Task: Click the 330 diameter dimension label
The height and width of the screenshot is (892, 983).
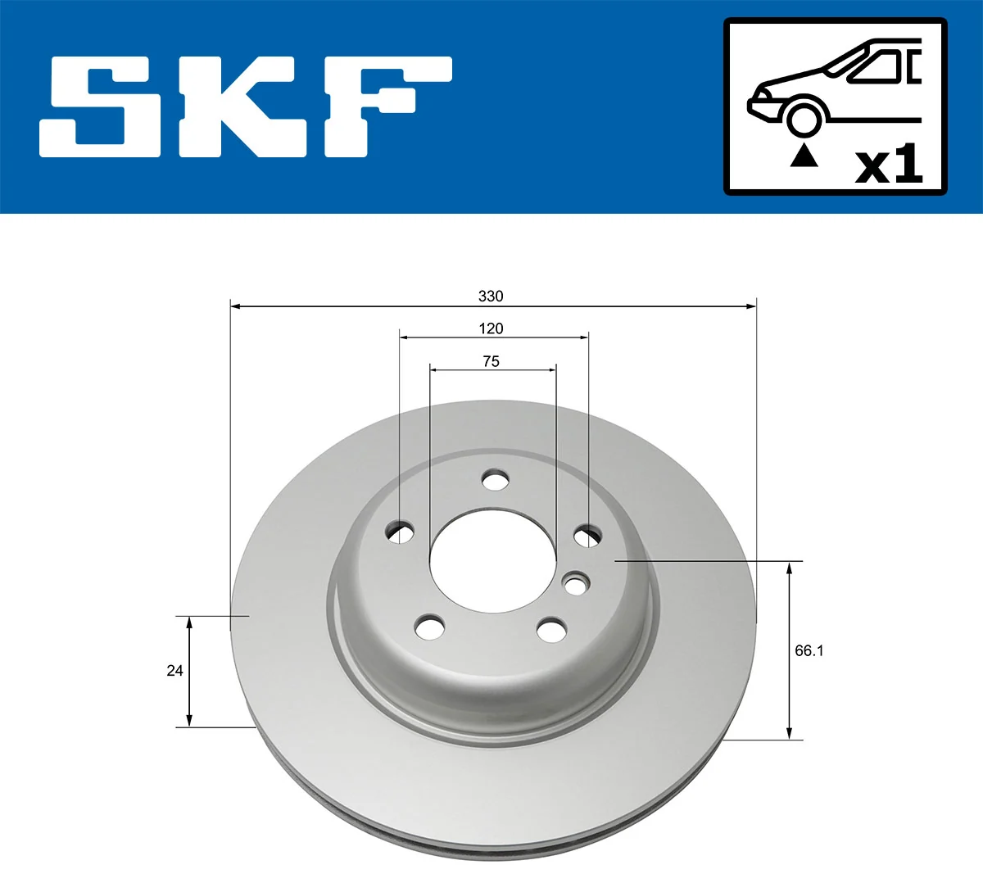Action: coord(491,296)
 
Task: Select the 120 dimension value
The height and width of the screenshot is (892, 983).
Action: coord(491,328)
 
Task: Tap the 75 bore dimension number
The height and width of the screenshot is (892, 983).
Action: coord(491,361)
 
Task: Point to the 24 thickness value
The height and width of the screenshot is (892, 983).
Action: coord(174,671)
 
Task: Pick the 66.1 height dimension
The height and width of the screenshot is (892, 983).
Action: coord(809,650)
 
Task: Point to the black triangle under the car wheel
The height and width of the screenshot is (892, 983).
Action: coord(804,156)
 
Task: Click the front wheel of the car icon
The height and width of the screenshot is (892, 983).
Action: coord(803,117)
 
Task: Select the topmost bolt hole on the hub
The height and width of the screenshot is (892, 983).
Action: coord(494,479)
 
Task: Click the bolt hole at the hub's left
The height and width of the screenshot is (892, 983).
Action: coord(400,532)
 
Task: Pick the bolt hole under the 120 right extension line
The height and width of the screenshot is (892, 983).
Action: coord(587,537)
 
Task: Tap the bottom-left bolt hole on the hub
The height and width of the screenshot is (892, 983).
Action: coord(429,628)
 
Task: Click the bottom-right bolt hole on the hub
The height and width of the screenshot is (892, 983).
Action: coord(551,631)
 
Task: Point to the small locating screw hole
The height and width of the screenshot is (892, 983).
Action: coord(576,585)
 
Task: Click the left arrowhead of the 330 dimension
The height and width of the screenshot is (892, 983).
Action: coord(235,306)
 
